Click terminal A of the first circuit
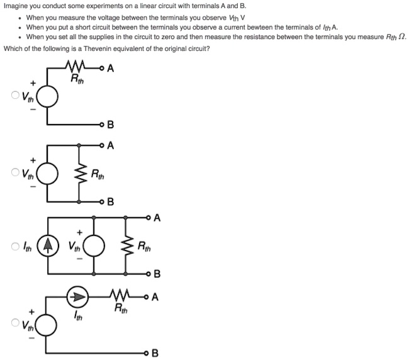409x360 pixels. coord(102,69)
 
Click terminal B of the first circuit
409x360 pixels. coord(102,123)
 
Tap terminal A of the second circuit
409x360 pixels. coord(102,146)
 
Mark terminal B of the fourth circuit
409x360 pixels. coord(148,352)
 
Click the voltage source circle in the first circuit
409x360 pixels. coord(48,96)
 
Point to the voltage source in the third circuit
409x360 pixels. coord(94,245)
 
